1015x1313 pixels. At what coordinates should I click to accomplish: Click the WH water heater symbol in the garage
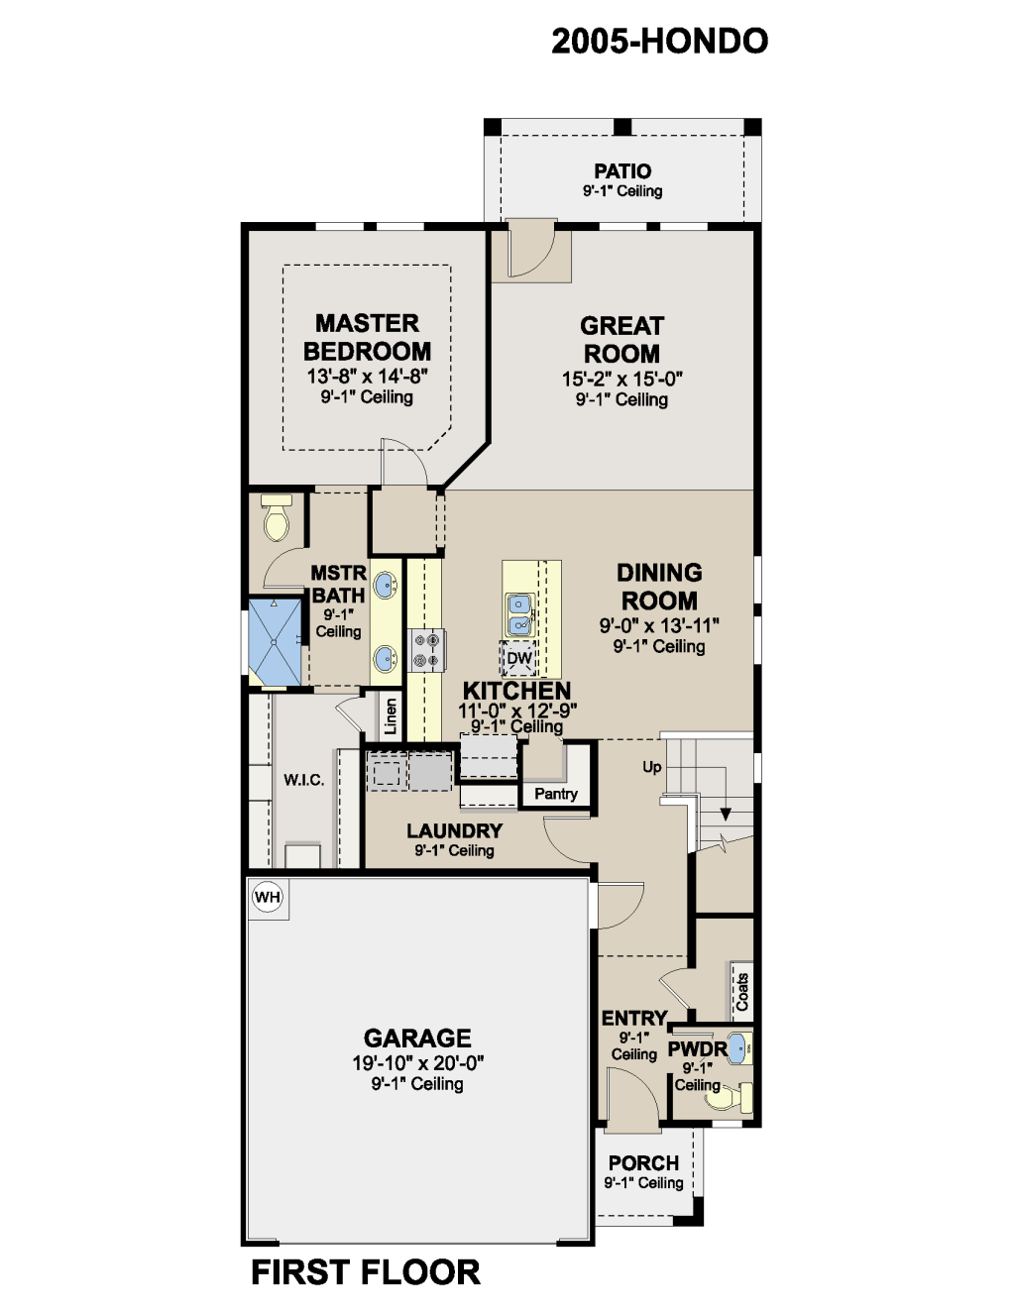268,897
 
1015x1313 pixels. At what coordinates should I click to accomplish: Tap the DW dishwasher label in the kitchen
519,658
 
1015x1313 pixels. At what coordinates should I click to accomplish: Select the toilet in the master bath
277,518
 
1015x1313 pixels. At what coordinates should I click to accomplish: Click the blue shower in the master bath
275,641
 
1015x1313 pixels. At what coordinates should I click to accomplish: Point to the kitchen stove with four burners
426,650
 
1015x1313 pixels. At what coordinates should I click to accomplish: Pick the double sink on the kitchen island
519,614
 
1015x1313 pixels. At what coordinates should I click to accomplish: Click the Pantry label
556,794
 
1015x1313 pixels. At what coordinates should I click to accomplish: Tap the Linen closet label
391,716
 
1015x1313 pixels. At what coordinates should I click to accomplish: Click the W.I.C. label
304,780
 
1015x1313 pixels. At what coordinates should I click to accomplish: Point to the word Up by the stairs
652,767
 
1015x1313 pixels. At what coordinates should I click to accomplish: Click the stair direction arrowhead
726,814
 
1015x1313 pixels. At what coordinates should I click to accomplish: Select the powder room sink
738,1048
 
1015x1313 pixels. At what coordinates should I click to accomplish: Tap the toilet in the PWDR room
730,1097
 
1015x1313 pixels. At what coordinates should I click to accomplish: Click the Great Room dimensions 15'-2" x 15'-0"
622,379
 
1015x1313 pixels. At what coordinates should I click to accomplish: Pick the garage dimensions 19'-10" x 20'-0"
418,1062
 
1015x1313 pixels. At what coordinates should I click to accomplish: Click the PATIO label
622,171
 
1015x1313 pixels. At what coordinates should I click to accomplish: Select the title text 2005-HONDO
660,41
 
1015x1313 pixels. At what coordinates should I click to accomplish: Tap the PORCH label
644,1162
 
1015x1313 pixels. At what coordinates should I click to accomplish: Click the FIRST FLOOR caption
366,1272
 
